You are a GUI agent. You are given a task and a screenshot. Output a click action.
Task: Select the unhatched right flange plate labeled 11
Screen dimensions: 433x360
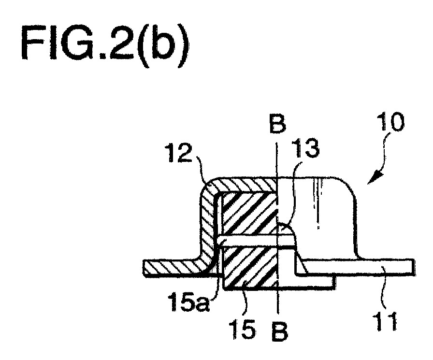(356, 267)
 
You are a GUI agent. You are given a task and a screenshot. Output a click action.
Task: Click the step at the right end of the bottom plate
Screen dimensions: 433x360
(335, 282)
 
